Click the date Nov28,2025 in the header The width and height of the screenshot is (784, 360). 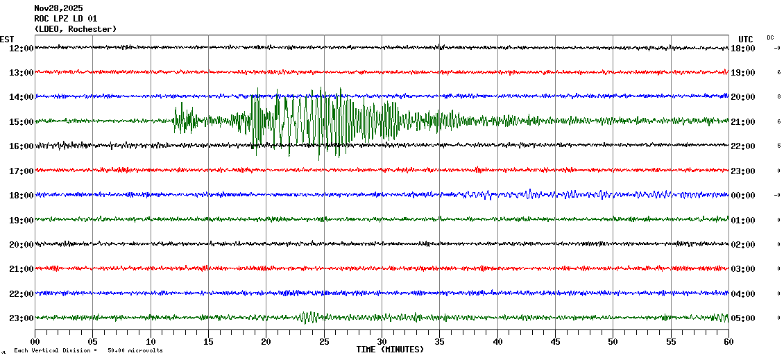pos(58,8)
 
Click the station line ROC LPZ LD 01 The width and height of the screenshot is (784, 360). pos(65,19)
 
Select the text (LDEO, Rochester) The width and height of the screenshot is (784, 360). pos(75,29)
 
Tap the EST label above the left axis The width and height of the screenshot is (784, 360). pos(7,39)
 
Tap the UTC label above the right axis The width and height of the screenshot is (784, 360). pos(745,39)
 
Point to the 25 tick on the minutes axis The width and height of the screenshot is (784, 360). pos(324,342)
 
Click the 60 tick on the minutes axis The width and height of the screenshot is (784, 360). pos(728,342)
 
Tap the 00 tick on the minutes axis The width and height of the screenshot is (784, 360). pos(35,342)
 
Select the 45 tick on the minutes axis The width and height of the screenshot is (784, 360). pos(555,342)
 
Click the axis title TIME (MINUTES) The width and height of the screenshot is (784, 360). pos(390,350)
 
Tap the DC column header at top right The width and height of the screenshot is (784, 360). pos(770,37)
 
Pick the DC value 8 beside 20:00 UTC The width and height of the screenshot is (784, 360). pos(778,97)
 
